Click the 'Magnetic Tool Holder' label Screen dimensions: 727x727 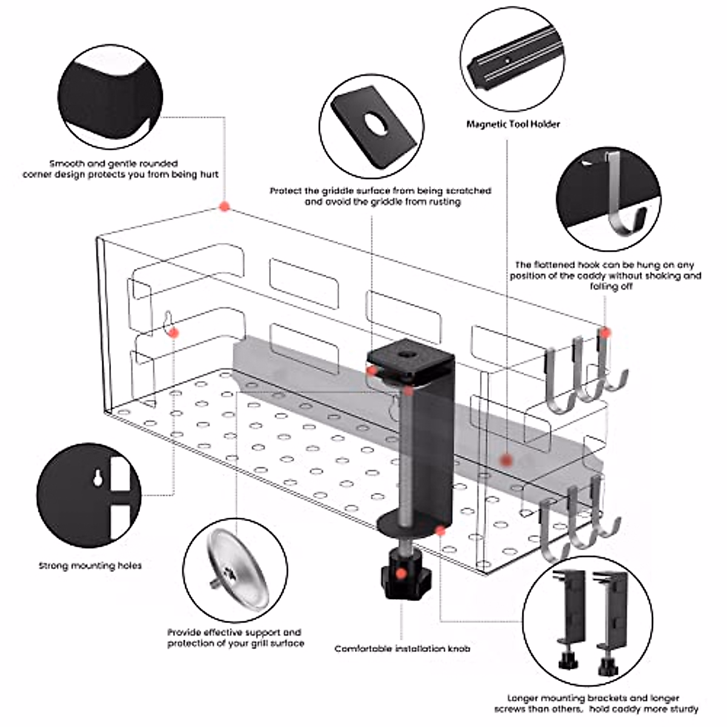click(513, 124)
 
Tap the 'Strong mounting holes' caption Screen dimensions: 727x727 click(90, 565)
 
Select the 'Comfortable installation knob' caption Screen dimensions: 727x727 click(402, 649)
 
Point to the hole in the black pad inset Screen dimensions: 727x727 click(375, 125)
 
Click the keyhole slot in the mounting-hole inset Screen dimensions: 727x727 click(98, 478)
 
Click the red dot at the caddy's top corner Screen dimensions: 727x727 click(225, 207)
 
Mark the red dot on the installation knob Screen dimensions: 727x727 click(402, 574)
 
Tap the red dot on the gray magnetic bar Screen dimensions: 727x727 click(506, 460)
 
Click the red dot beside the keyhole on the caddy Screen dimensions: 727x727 click(174, 333)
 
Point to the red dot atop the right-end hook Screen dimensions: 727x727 click(605, 333)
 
